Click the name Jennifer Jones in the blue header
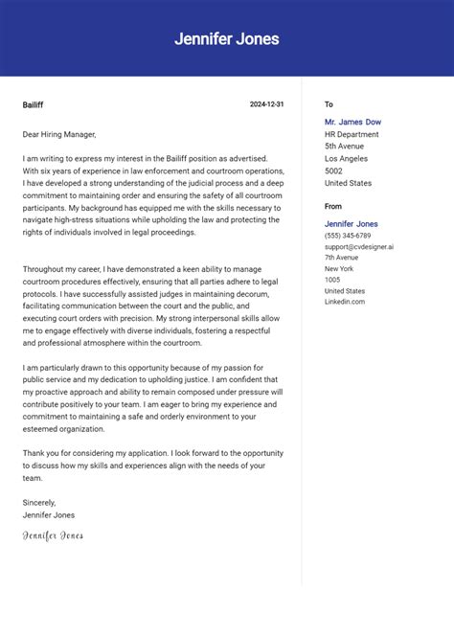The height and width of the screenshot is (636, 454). coord(227,39)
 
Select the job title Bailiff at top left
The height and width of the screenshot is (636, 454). coord(33,104)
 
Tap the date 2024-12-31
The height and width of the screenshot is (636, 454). coord(266,104)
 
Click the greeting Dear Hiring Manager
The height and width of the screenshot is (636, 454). coord(59,134)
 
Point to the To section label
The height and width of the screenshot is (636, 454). coord(329,104)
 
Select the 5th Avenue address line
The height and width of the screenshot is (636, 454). coord(344,147)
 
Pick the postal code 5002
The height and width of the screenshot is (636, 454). coord(334,170)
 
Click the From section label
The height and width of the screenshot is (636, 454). coord(332,206)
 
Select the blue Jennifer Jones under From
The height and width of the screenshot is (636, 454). coord(351,224)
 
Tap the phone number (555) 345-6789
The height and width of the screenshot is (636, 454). coord(348,236)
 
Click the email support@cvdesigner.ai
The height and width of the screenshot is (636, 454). coord(358,246)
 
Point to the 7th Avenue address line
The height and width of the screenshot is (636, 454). coord(341,258)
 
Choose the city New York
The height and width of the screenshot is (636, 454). coord(339,269)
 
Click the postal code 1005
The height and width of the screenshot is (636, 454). coord(332,280)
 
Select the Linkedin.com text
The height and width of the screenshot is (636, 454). coord(344,302)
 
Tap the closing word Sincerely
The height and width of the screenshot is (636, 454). coord(39,502)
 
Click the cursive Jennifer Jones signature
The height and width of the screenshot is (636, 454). coord(53,535)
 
